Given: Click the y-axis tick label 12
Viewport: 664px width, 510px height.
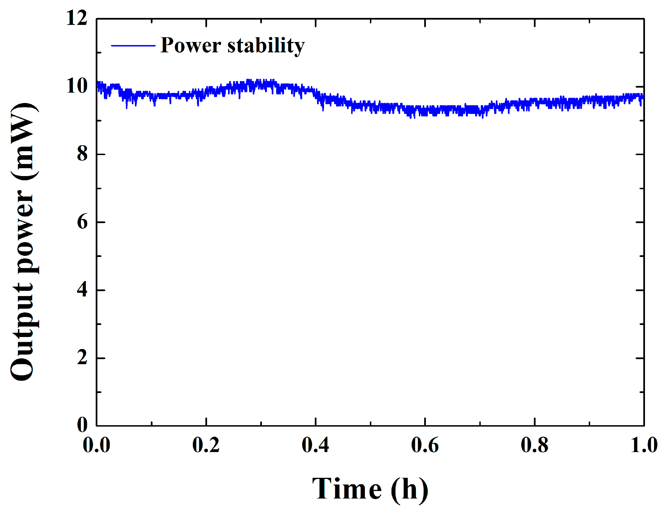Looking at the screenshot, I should click(76, 18).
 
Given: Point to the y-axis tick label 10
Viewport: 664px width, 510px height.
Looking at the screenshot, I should click(76, 86).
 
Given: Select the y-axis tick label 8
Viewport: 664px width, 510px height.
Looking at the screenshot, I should click(82, 154).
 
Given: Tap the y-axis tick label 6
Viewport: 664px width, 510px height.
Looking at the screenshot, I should click(82, 222).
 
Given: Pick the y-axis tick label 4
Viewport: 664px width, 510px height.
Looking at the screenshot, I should click(82, 290).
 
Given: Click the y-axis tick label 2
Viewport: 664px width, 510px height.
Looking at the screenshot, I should click(82, 358).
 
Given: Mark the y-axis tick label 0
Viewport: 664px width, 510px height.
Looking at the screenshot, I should click(82, 425).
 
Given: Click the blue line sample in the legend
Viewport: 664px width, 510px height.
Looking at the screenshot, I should click(133, 46).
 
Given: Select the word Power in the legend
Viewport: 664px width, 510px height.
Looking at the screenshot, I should click(191, 46).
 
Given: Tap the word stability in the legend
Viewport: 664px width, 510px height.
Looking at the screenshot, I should click(266, 46).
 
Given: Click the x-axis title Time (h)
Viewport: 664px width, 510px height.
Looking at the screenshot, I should click(370, 489).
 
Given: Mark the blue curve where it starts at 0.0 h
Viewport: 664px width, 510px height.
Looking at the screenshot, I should click(97, 83).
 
